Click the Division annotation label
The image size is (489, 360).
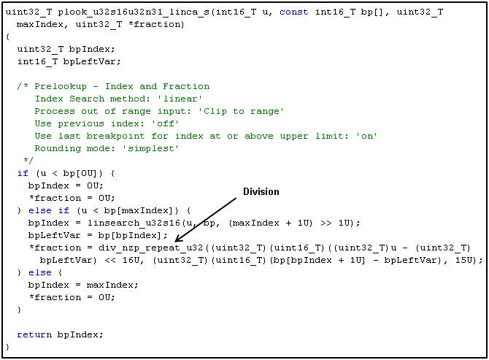(x=261, y=191)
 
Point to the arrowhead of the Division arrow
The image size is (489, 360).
(x=176, y=240)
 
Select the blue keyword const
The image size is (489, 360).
(x=294, y=12)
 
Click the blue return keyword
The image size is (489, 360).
(x=34, y=334)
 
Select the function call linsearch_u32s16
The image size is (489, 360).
(x=134, y=223)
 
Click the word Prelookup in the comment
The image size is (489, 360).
(x=61, y=86)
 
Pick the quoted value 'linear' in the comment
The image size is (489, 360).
(x=180, y=99)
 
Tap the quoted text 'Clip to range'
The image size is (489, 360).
(x=240, y=112)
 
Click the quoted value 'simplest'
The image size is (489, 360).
(x=150, y=148)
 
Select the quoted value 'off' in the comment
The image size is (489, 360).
(x=165, y=123)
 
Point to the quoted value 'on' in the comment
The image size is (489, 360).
(x=366, y=136)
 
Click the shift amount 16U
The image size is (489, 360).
(x=133, y=260)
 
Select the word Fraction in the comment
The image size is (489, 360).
(x=186, y=86)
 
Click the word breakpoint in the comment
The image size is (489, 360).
(x=115, y=136)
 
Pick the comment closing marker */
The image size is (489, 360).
(x=28, y=161)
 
